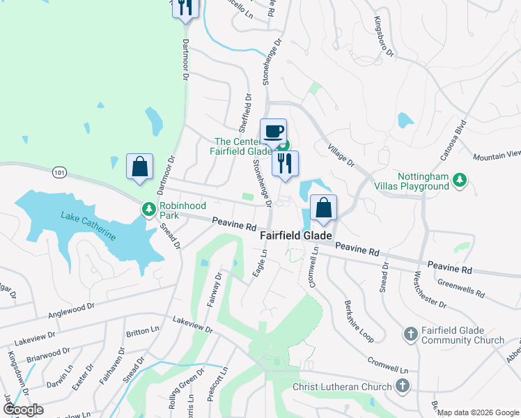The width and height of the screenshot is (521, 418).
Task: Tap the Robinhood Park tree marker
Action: coord(148,208)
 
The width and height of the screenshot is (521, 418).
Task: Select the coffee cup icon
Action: coord(273,131)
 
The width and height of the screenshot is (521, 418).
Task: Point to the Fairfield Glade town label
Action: coord(296,235)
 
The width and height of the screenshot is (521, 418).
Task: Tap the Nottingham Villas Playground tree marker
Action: coord(459,180)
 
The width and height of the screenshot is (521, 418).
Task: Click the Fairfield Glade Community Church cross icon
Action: coord(410,334)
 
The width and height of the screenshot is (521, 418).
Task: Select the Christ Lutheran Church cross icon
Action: coord(402,386)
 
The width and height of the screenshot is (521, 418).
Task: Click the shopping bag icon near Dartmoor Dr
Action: coord(140,167)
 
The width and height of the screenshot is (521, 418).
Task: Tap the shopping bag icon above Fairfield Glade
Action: coord(324,208)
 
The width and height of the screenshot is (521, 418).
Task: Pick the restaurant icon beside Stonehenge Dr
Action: coord(286,163)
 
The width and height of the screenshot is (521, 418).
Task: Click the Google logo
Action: coord(23,410)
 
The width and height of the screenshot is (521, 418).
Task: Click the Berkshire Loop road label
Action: coord(359,321)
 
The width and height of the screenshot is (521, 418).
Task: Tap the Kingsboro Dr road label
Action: coord(384,37)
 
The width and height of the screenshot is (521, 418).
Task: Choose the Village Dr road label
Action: coord(341,156)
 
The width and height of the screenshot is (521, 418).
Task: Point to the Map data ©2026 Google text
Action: coord(476,412)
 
